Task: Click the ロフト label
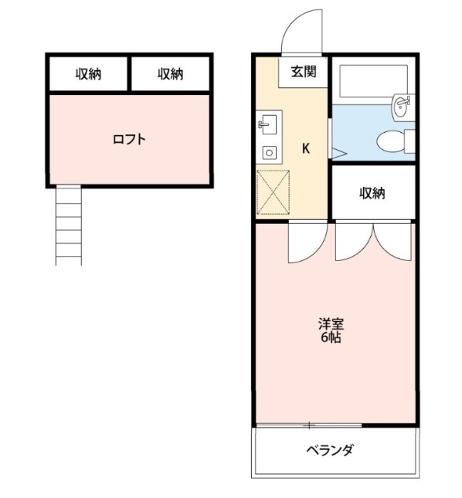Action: coord(129,140)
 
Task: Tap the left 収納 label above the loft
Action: coord(88,74)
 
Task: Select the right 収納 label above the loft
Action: coord(170,74)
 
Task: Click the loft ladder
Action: coord(68,225)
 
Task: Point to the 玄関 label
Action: coord(303,72)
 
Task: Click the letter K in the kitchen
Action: coord(306,149)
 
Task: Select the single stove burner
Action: coord(270,151)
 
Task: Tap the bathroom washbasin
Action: coord(401,107)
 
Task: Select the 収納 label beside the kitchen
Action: coord(372,193)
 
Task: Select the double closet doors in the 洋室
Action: coord(374,241)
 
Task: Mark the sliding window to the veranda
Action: coord(309,425)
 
